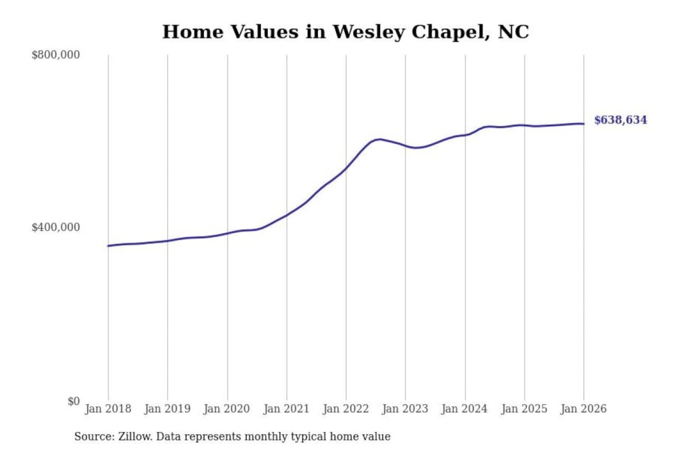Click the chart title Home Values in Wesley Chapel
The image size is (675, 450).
click(x=345, y=32)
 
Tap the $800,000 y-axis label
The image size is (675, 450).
click(x=56, y=55)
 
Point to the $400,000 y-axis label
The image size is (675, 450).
click(x=56, y=227)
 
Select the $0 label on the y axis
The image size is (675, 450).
click(x=73, y=401)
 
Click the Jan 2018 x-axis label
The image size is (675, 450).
click(x=108, y=409)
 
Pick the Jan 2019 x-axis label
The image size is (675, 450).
click(x=167, y=409)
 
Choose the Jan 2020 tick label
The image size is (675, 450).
click(x=227, y=409)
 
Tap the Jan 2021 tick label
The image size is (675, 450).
click(x=286, y=409)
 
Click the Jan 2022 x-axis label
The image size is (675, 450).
click(x=346, y=409)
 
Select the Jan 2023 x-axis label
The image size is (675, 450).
click(x=405, y=409)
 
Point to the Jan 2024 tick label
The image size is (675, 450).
click(x=465, y=409)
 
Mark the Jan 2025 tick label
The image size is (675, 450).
click(x=524, y=409)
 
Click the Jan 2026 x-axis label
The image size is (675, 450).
click(x=584, y=409)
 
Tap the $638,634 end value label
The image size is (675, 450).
click(x=620, y=120)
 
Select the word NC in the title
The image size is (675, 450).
click(x=513, y=32)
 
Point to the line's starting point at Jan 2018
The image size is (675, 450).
click(x=108, y=246)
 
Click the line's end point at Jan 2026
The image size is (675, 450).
click(x=584, y=124)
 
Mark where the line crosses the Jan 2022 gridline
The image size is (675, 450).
click(x=346, y=168)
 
